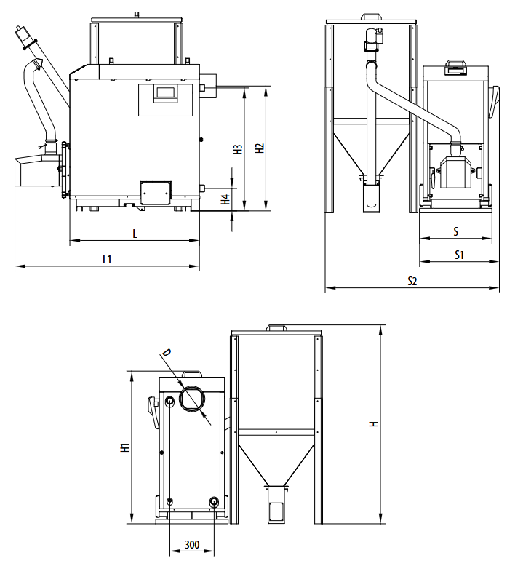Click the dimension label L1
point(107,259)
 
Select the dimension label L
point(135,234)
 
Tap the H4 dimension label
point(225,199)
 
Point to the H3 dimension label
point(238,149)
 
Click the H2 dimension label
point(260,148)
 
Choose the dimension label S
point(456,231)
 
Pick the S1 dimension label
point(459,255)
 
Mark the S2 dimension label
point(412,281)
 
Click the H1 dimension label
point(125,447)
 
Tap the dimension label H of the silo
point(374,423)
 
